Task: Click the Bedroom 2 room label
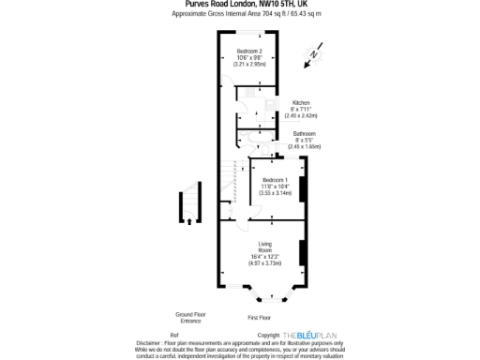click(248, 50)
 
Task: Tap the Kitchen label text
click(301, 102)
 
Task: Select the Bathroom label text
click(304, 134)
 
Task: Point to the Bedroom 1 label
click(275, 180)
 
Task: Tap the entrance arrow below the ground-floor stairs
click(189, 221)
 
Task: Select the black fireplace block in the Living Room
click(302, 253)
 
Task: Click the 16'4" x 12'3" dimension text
click(264, 257)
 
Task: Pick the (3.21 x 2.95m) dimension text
click(249, 64)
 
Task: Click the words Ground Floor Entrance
click(190, 318)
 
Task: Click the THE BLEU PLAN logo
click(309, 335)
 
